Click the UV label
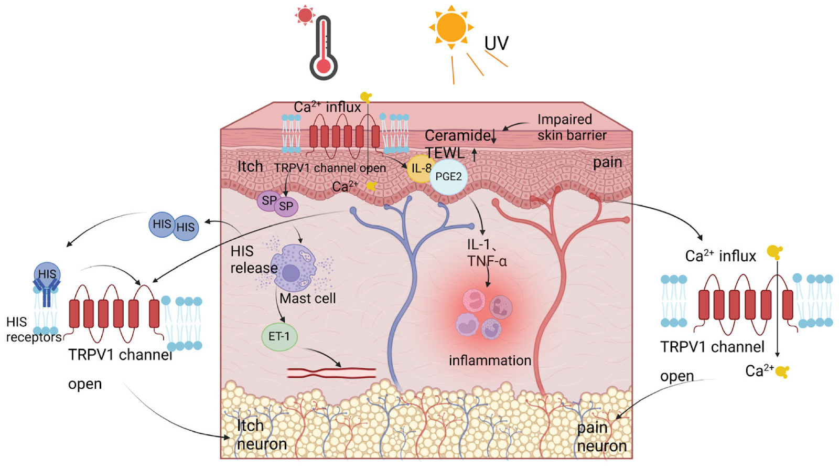click(x=496, y=43)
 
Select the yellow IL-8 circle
click(x=420, y=168)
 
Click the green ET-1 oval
click(x=279, y=336)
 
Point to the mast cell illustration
click(x=293, y=268)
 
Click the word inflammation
click(x=490, y=360)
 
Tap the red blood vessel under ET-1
click(x=331, y=373)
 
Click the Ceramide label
click(x=458, y=135)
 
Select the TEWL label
click(x=445, y=153)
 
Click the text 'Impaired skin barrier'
click(x=571, y=127)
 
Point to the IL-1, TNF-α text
click(x=487, y=253)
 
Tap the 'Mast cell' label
click(x=307, y=299)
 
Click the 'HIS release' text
click(x=253, y=260)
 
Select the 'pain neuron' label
click(x=601, y=437)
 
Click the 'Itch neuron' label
click(x=261, y=435)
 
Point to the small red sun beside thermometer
click(x=305, y=15)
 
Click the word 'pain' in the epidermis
click(x=607, y=163)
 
